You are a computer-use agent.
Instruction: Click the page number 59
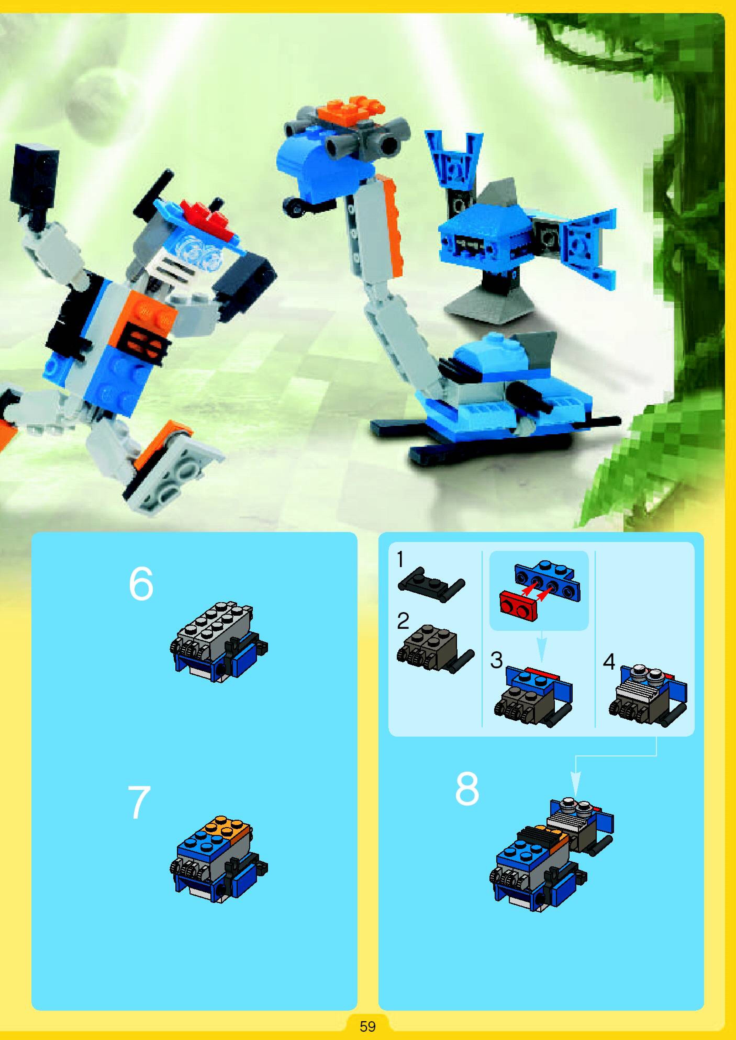coord(367,1022)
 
